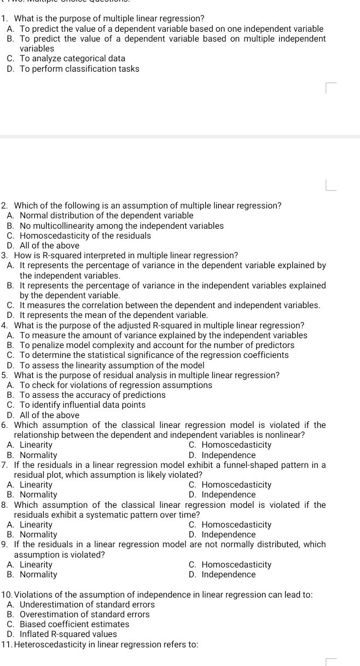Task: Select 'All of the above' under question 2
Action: pyautogui.click(x=49, y=246)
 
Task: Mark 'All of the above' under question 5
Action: pyautogui.click(x=49, y=415)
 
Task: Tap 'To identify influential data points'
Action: pyautogui.click(x=83, y=405)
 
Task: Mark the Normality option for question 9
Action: pyautogui.click(x=38, y=575)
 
